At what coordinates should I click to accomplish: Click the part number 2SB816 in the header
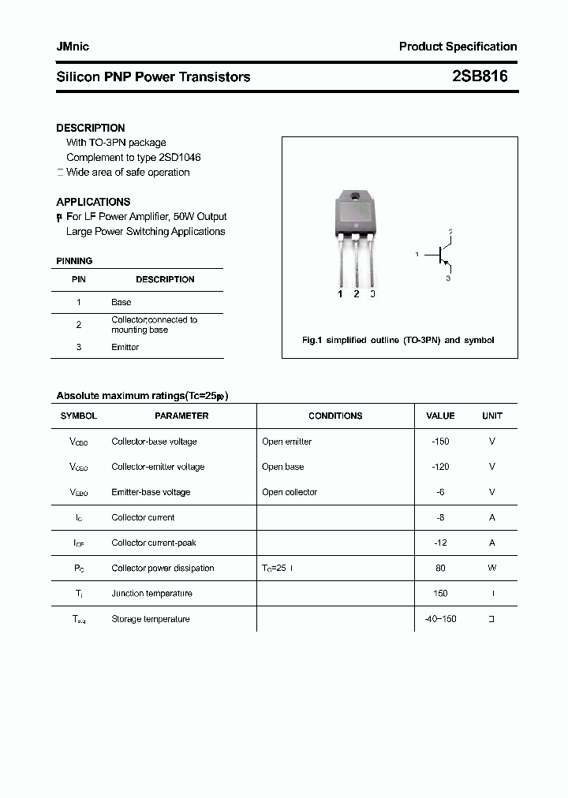480,76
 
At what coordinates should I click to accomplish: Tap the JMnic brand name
73,47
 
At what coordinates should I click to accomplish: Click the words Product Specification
458,47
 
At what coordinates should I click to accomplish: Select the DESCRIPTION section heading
91,128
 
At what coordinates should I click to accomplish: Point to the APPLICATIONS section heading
93,202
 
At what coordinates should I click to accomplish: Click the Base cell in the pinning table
121,302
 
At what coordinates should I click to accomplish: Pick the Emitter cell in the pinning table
125,347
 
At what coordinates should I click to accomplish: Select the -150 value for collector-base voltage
440,442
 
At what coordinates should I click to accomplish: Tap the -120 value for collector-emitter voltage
440,467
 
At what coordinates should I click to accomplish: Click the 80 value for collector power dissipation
440,568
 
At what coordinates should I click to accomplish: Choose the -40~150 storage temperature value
440,619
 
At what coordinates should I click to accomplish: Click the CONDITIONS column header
335,416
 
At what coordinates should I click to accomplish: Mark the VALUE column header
440,416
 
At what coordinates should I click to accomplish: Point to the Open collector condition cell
290,492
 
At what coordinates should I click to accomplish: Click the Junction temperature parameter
151,594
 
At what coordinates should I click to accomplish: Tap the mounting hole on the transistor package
355,196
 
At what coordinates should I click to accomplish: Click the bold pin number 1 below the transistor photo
340,294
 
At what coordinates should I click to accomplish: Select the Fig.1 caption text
398,341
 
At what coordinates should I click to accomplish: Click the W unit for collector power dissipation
491,568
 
